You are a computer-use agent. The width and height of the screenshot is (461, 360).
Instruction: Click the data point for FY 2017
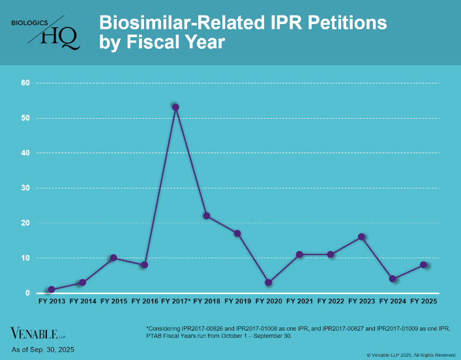click(175, 107)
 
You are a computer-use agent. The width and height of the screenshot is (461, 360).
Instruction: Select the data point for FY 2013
click(51, 290)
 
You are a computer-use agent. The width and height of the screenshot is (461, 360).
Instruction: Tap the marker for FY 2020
click(269, 282)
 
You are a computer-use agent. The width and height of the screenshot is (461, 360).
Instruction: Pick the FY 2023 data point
click(361, 237)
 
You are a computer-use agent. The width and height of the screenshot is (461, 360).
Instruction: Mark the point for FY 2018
click(207, 216)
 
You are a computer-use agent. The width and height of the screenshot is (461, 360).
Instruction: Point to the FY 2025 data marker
click(424, 265)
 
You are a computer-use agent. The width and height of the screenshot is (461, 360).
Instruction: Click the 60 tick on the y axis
click(25, 83)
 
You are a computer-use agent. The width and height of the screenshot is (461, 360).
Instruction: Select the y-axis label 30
click(25, 188)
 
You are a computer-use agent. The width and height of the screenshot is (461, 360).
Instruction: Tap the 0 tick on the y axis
click(27, 293)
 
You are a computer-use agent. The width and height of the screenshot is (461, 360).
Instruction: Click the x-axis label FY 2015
click(113, 302)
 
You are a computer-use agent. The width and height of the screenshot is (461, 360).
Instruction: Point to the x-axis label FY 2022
click(331, 302)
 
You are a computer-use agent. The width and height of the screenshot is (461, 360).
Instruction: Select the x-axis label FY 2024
click(393, 302)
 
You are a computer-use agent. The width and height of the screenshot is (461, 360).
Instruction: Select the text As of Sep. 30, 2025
click(43, 350)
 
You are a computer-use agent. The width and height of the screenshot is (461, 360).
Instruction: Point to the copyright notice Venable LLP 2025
click(411, 355)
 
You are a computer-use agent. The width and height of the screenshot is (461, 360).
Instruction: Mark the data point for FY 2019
click(237, 233)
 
